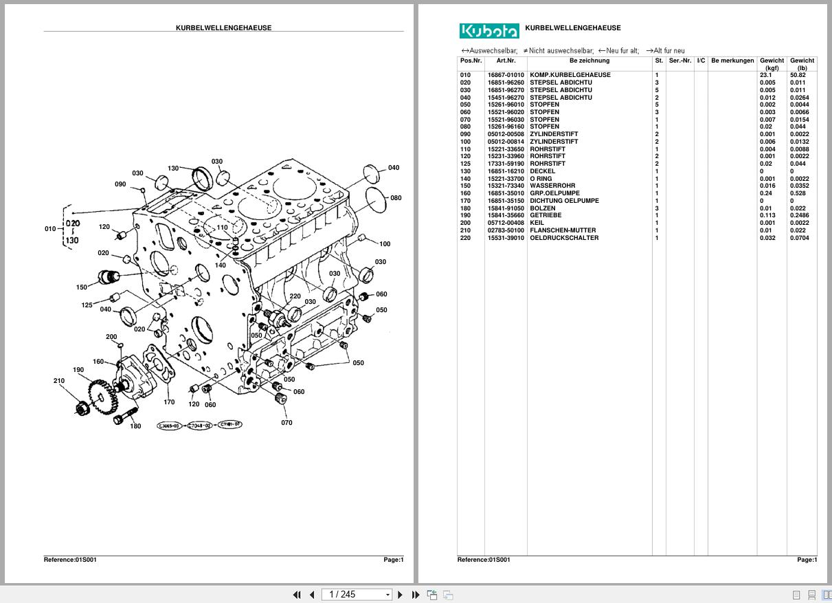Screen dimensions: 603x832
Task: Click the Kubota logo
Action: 488,31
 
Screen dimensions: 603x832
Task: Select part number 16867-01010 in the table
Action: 506,75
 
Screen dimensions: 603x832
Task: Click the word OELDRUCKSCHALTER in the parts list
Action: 563,238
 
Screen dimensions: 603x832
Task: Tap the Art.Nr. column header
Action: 506,61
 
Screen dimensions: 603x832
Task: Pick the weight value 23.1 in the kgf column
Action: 765,75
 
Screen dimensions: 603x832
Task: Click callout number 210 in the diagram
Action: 59,381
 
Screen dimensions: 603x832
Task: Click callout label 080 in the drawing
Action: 396,198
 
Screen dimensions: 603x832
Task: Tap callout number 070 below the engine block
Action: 286,422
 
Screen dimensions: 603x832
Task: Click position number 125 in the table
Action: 466,164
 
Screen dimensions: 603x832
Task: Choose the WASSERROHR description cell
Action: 552,186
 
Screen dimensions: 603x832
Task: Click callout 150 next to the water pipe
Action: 82,287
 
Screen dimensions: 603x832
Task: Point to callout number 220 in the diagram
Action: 295,297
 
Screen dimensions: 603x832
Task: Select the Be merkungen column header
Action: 732,61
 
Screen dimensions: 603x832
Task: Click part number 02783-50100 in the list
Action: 506,230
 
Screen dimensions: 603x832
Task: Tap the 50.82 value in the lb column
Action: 798,75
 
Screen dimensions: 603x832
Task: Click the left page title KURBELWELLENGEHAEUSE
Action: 223,28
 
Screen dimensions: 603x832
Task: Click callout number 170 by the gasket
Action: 169,402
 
